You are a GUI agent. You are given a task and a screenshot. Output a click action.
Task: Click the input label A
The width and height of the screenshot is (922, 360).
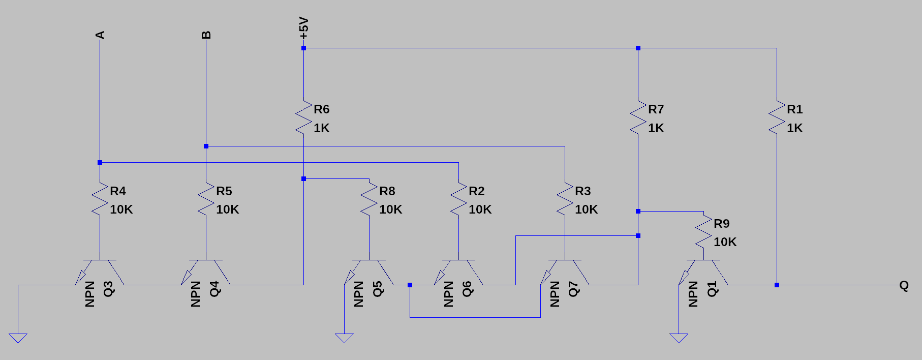pyautogui.click(x=100, y=35)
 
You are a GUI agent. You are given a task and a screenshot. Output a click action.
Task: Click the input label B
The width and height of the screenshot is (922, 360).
pyautogui.click(x=206, y=35)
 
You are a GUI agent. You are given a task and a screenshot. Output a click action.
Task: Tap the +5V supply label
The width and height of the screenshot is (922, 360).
pyautogui.click(x=303, y=28)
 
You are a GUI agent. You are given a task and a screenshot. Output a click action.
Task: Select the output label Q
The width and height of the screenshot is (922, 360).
pyautogui.click(x=904, y=285)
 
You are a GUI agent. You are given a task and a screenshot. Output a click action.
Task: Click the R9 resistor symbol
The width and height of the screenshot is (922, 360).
pyautogui.click(x=703, y=232)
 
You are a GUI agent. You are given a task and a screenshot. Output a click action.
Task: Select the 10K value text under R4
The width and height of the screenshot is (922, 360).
pyautogui.click(x=121, y=209)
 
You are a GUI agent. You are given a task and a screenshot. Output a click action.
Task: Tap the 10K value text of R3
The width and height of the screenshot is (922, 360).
pyautogui.click(x=586, y=209)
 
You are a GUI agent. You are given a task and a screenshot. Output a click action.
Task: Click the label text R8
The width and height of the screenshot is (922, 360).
pyautogui.click(x=387, y=191)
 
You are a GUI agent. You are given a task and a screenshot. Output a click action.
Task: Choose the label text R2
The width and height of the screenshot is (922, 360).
pyautogui.click(x=476, y=191)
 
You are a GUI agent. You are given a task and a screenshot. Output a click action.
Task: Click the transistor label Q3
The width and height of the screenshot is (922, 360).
pyautogui.click(x=109, y=289)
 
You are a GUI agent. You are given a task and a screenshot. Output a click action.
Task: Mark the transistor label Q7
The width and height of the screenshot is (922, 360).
pyautogui.click(x=573, y=289)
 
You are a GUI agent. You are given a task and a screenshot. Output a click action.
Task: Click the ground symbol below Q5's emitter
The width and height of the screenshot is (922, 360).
pyautogui.click(x=344, y=338)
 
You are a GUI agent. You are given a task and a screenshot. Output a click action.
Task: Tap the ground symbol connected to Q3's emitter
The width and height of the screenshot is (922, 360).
pyautogui.click(x=18, y=338)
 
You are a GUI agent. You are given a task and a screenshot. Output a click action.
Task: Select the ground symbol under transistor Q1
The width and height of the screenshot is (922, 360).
pyautogui.click(x=679, y=338)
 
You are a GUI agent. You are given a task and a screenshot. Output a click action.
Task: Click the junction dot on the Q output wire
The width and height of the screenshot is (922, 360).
pyautogui.click(x=777, y=285)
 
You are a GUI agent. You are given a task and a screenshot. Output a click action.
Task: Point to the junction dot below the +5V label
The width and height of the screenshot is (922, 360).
pyautogui.click(x=303, y=48)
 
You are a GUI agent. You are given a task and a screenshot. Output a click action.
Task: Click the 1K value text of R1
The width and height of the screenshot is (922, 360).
pyautogui.click(x=794, y=128)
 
